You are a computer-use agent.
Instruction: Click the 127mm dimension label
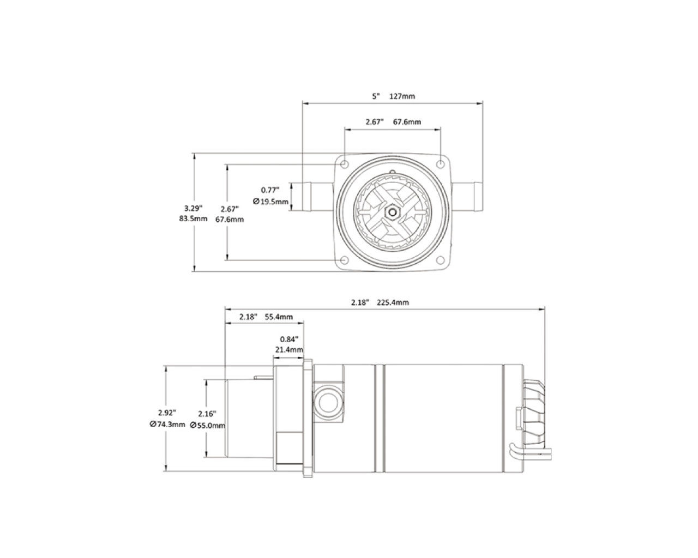pos(402,96)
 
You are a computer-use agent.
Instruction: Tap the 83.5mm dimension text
pos(193,219)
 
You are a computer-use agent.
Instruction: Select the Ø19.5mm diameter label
pos(270,202)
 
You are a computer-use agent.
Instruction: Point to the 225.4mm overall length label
pos(393,302)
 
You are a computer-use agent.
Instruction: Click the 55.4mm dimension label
pos(279,317)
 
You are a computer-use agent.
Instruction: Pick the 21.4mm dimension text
pos(289,349)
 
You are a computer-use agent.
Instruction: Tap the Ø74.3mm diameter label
pos(167,424)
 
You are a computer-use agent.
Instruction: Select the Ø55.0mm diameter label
pos(208,425)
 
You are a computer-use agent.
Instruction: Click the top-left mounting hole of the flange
pos(345,164)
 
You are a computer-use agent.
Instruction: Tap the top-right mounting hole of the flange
pos(440,164)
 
